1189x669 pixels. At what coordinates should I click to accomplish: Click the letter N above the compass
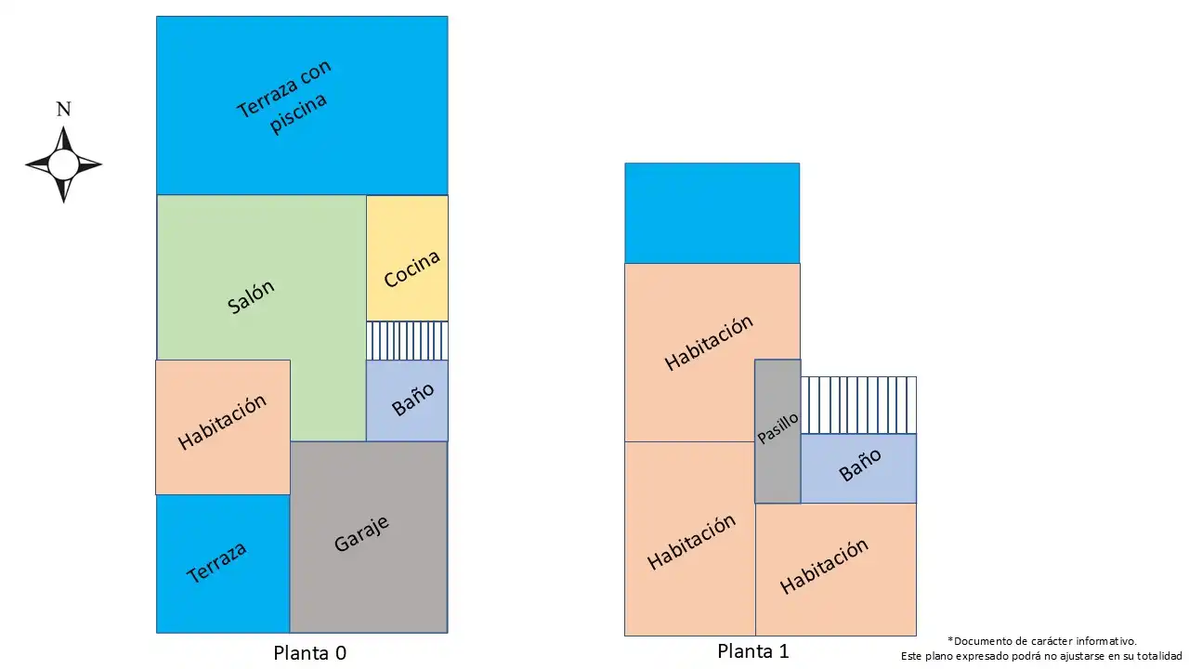click(64, 109)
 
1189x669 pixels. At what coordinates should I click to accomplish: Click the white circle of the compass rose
click(63, 164)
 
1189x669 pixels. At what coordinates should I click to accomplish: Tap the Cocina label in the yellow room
click(412, 269)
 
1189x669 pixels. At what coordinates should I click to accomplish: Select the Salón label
click(251, 296)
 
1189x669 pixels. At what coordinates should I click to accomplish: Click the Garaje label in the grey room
click(362, 533)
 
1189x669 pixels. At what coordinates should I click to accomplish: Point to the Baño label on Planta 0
click(413, 400)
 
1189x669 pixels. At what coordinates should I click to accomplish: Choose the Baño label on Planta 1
click(860, 465)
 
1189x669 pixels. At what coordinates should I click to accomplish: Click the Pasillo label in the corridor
click(777, 428)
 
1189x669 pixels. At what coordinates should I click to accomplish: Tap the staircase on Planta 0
click(407, 341)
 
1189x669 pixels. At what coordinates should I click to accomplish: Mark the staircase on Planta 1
click(858, 405)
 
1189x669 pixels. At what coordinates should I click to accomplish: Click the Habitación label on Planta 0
click(222, 422)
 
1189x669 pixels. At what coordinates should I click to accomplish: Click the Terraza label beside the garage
click(216, 562)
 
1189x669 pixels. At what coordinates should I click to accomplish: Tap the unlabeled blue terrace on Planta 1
click(712, 213)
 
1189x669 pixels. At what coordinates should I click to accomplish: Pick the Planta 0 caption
click(310, 653)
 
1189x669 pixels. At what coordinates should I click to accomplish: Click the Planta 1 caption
click(753, 651)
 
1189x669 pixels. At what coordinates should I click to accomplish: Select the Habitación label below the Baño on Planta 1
click(824, 566)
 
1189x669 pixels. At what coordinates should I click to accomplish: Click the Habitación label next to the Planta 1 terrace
click(709, 343)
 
